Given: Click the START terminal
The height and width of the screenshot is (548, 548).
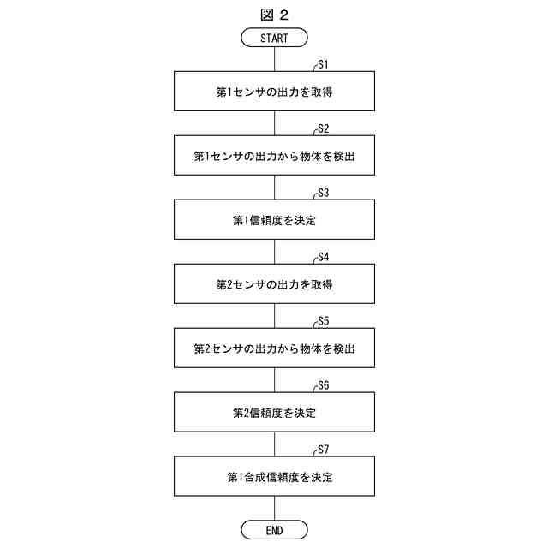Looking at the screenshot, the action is coord(274,37).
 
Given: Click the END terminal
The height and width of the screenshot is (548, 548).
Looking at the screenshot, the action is coord(274,530).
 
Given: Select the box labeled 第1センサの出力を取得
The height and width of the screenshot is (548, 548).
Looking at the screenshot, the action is coord(274,92).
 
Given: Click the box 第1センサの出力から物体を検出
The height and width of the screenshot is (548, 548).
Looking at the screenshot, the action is coord(274,156).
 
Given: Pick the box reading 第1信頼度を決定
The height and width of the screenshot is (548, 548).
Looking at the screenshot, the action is coord(274,220).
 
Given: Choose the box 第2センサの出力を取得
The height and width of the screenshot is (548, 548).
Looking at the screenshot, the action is coord(274,284).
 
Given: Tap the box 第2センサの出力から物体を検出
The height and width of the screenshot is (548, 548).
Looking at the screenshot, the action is coord(274,348).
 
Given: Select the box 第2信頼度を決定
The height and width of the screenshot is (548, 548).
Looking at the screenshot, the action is coord(274,413).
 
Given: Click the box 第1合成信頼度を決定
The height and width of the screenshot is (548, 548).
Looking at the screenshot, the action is coord(274,477).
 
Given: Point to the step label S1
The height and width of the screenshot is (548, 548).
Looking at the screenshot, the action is coord(324,64).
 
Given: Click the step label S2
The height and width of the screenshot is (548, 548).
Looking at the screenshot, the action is coord(324,128).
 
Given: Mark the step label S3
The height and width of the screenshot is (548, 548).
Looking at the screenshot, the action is coord(324,193).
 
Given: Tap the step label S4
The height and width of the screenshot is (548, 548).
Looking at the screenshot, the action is coord(324,257).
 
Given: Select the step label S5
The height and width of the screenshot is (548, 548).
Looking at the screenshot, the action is coord(324,321).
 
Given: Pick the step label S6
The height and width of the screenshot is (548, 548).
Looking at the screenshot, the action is coord(324,385).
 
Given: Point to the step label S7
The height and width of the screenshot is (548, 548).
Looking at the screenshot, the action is coord(324,450).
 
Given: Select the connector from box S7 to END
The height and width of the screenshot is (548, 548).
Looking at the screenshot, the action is coord(274,509).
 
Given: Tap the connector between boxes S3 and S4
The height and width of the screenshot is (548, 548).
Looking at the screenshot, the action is coord(274,252).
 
